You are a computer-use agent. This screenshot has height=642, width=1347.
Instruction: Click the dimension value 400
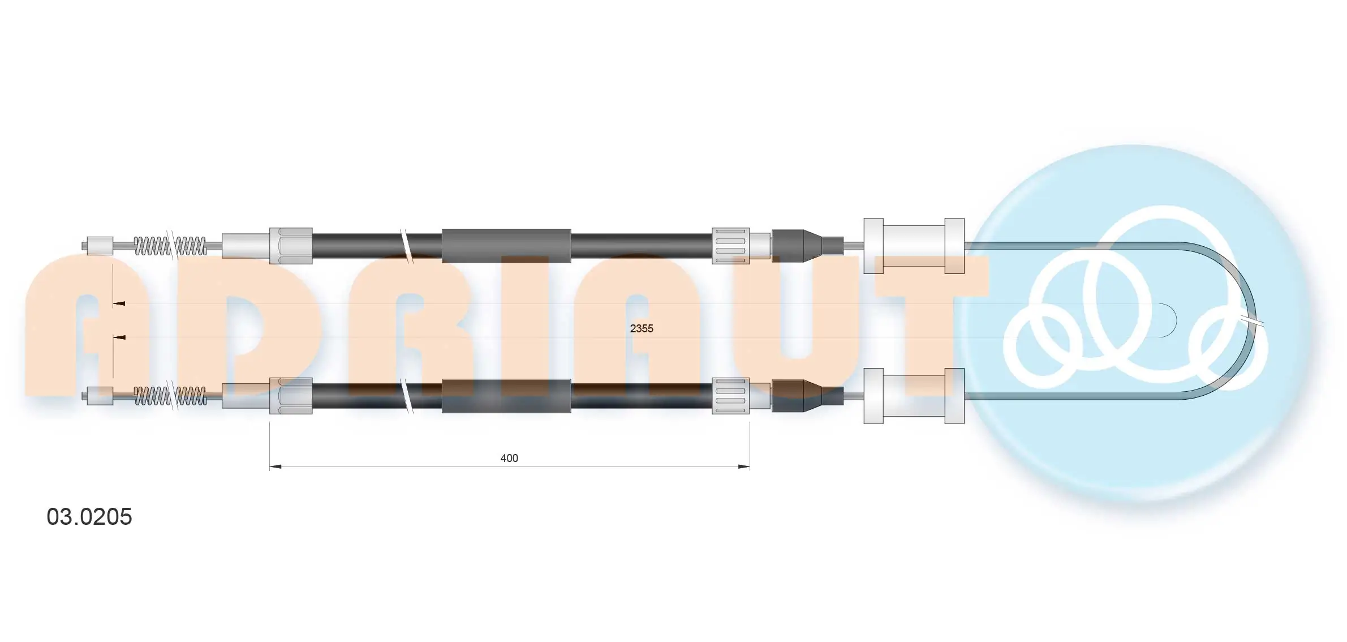click(x=509, y=458)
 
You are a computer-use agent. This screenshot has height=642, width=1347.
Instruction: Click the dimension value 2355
click(x=641, y=328)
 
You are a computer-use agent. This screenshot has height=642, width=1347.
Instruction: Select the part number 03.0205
click(x=89, y=517)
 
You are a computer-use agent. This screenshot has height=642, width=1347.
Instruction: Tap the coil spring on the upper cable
click(x=170, y=246)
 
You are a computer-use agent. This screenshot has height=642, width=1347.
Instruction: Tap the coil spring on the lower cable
click(x=170, y=396)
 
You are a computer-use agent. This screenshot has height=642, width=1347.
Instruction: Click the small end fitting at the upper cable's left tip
click(x=100, y=246)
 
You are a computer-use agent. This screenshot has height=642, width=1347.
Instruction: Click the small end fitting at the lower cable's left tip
click(x=100, y=395)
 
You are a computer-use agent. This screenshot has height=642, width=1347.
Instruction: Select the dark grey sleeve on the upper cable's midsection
click(x=506, y=246)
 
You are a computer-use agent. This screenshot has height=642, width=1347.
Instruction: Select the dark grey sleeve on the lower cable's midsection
click(x=506, y=396)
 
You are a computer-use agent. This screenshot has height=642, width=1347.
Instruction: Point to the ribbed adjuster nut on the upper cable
click(x=730, y=246)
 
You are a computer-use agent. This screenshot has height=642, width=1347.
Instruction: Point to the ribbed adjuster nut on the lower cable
click(x=730, y=396)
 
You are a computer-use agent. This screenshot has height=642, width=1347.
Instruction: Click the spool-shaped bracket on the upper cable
click(x=914, y=246)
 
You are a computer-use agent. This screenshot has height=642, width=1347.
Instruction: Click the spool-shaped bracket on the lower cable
click(x=914, y=396)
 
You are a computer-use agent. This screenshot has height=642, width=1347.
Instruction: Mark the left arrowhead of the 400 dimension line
click(x=276, y=467)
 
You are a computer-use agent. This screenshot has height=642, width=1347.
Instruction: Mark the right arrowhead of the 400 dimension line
click(x=744, y=467)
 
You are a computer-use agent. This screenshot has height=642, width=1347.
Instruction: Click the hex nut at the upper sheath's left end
click(x=291, y=246)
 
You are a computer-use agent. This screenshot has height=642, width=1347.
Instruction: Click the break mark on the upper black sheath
click(x=406, y=246)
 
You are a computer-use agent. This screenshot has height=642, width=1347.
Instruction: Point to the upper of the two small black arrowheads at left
click(x=119, y=304)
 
